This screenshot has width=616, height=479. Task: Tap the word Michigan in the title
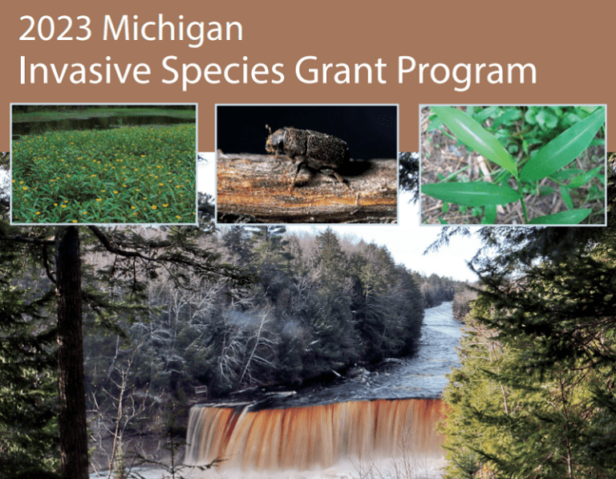[x=173, y=29]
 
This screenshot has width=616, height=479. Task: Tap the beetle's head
[x=277, y=143]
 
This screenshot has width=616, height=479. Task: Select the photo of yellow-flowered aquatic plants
[x=103, y=164]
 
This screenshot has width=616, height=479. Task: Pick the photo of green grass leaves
[x=513, y=164]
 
